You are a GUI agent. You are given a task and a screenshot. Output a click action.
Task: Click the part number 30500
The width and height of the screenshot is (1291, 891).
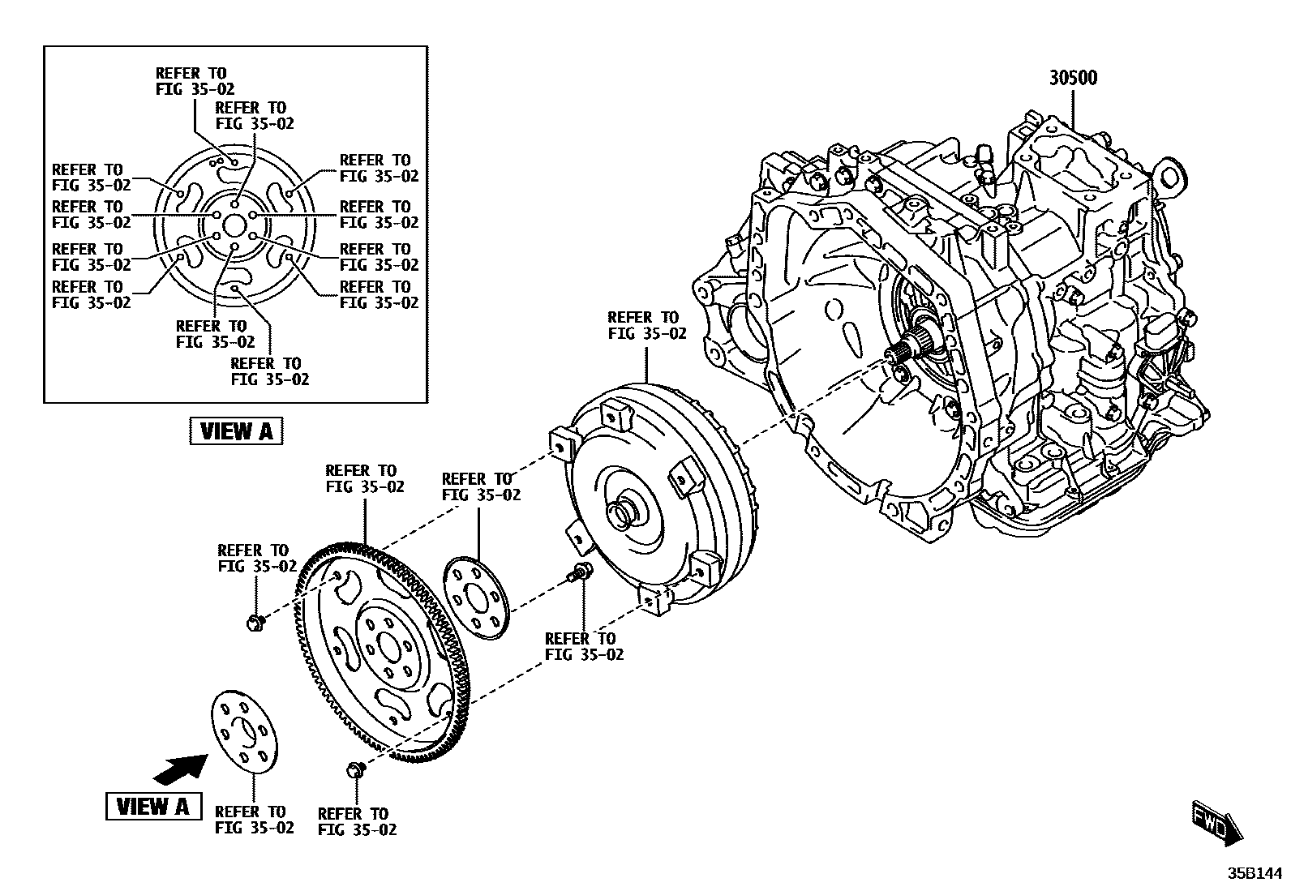pos(1073,78)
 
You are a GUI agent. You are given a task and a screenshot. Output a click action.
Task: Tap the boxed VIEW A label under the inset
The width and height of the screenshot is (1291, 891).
pos(236,431)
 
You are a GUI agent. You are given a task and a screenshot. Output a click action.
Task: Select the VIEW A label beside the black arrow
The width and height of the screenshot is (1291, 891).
pos(153,806)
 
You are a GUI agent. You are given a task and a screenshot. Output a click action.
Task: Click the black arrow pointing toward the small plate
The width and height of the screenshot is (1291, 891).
pos(179,768)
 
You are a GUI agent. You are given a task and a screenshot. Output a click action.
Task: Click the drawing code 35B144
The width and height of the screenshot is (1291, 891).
pos(1254,874)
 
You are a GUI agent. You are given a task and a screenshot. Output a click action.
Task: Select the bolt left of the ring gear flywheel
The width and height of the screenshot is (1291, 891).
pos(254,622)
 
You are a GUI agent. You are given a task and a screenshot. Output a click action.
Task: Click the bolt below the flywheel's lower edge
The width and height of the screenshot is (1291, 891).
pos(354,769)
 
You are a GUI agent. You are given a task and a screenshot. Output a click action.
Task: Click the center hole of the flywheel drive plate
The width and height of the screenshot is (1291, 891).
pos(388,649)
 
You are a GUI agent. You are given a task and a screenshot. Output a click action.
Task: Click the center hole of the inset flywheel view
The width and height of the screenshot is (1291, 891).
pos(234,225)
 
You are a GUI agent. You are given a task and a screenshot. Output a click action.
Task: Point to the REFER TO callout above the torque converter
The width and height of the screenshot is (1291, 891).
pos(646,325)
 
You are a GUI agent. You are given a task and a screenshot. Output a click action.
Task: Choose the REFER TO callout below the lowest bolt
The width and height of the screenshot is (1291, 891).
pos(357,821)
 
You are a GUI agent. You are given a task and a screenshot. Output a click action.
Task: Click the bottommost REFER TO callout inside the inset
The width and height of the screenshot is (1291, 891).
pos(269,371)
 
